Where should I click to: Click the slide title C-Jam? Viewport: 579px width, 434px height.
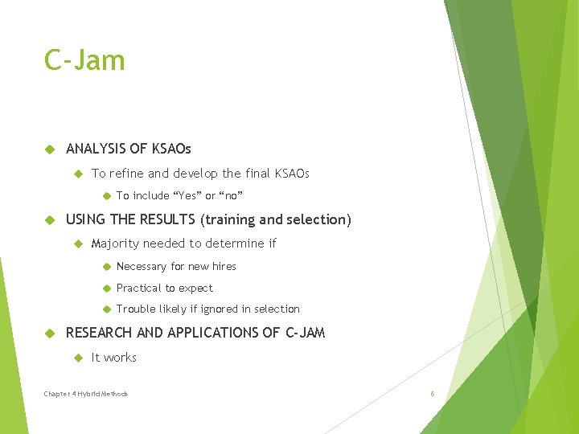[x=84, y=60]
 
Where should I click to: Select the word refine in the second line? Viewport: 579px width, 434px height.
[x=125, y=174]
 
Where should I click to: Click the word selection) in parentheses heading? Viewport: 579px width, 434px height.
[x=319, y=219]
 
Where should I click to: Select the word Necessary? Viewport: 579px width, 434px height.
[x=142, y=266]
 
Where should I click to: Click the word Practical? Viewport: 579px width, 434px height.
[x=138, y=288]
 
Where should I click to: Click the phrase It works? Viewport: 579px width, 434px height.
[x=114, y=358]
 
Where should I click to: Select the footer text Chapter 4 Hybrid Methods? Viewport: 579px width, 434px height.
[x=86, y=394]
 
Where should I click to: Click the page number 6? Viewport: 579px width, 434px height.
[x=432, y=394]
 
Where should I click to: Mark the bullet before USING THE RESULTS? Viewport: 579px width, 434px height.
[x=49, y=220]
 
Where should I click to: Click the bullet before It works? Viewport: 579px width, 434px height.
[x=78, y=358]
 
